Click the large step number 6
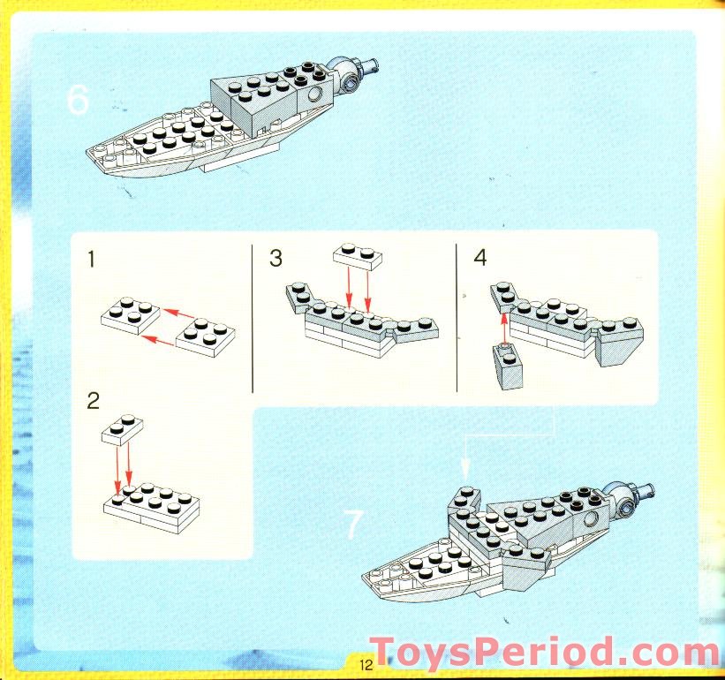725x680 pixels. click(78, 101)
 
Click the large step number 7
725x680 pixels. click(352, 525)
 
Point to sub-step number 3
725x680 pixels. click(276, 259)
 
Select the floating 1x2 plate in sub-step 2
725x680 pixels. click(123, 428)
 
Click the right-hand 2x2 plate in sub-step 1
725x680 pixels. click(208, 336)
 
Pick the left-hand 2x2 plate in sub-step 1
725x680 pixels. click(130, 316)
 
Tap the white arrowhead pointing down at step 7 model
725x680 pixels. click(464, 468)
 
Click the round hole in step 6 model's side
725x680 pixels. click(314, 94)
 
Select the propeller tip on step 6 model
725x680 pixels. click(376, 63)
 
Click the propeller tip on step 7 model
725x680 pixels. click(651, 487)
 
